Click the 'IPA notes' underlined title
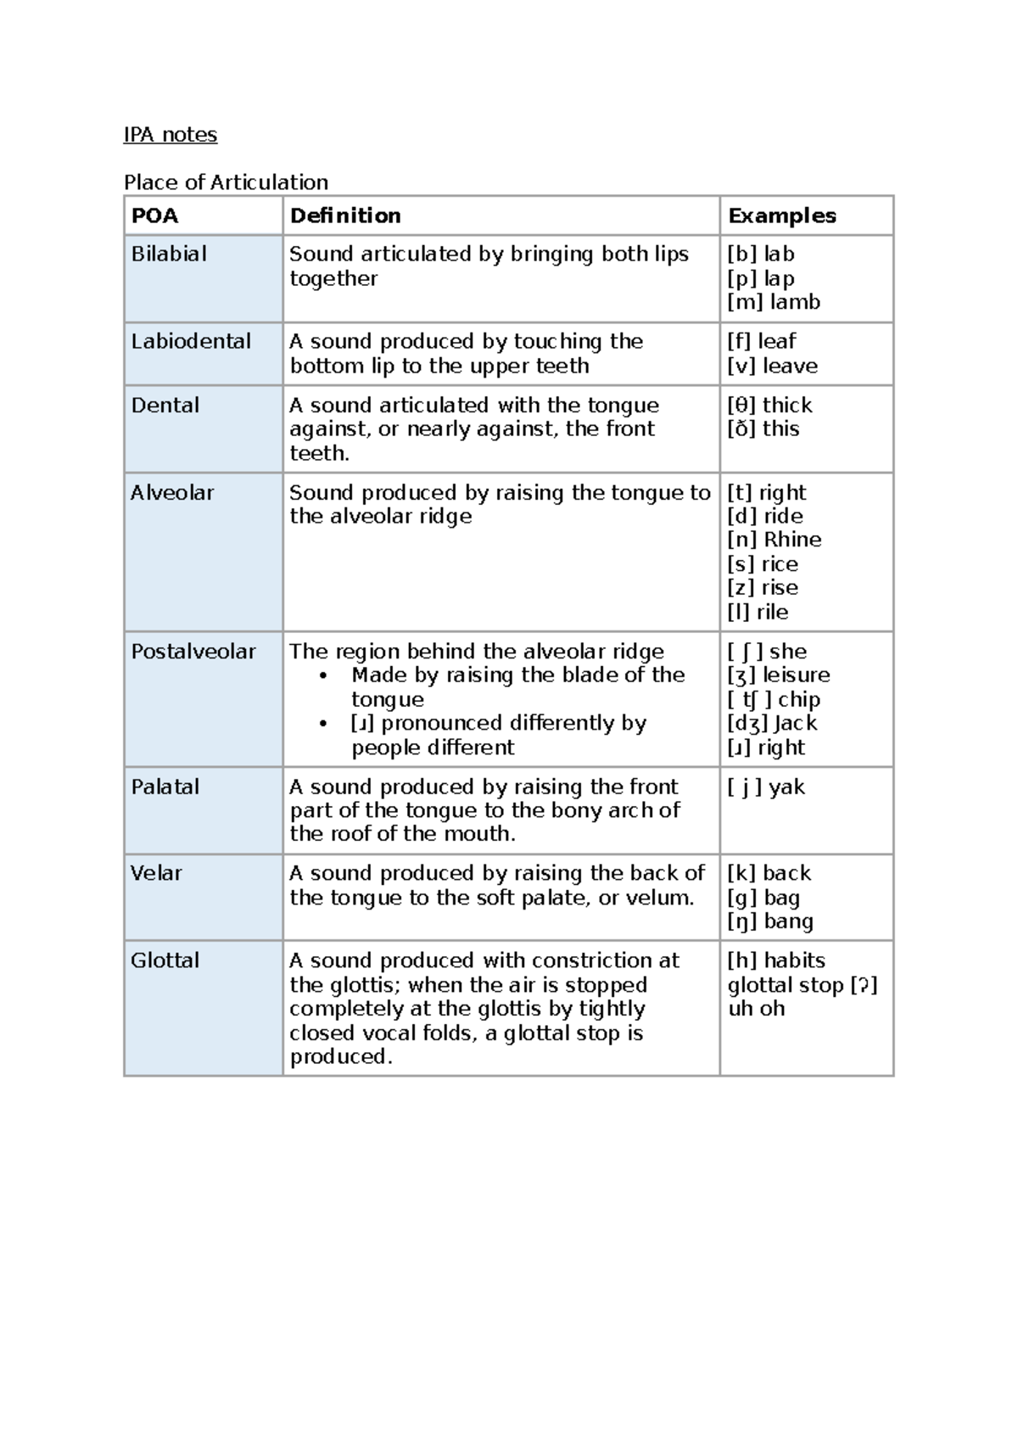click(x=171, y=135)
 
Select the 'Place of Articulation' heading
click(x=226, y=182)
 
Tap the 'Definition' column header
click(x=345, y=216)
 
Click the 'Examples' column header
click(x=781, y=216)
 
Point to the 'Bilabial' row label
click(x=169, y=254)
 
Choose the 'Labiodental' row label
click(x=191, y=341)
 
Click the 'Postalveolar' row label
click(x=193, y=652)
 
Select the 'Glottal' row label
click(x=165, y=960)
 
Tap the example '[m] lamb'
click(x=774, y=302)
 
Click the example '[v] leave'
click(x=772, y=366)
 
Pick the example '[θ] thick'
click(x=769, y=405)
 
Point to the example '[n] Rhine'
click(x=774, y=540)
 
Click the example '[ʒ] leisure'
click(x=778, y=675)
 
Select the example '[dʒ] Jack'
click(x=772, y=724)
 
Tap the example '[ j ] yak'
click(x=766, y=787)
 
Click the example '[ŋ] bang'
click(x=770, y=921)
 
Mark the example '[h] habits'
click(x=776, y=960)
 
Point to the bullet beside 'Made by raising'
click(x=323, y=676)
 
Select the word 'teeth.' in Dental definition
click(x=320, y=453)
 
